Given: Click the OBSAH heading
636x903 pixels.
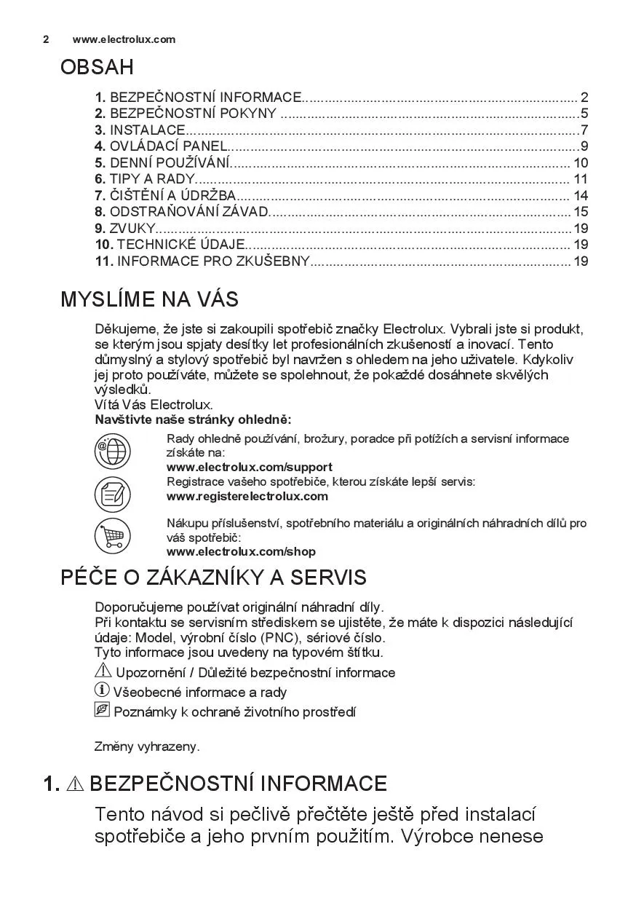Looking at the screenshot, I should coord(97,68).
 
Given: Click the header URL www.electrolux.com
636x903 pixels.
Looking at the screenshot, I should coord(124,39).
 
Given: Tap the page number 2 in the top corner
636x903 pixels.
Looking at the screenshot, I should coord(46,39).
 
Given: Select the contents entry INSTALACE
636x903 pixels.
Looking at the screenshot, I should coord(147,130).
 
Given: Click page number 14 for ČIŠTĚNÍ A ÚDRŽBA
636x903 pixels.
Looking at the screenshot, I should coord(580,196).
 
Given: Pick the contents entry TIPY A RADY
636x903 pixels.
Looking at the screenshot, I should coord(151,179).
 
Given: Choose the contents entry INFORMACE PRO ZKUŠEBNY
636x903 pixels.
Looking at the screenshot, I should coord(212,261).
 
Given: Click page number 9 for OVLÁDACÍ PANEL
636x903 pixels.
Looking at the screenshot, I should coord(584,146).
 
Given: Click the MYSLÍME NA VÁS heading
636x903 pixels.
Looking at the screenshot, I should coord(149,299).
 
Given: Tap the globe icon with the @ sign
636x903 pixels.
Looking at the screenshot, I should coord(112,451).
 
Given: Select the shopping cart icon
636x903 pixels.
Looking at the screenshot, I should coord(112,536).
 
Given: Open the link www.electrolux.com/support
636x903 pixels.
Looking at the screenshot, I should coord(249,467).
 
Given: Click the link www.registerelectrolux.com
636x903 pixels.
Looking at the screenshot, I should coord(247,497).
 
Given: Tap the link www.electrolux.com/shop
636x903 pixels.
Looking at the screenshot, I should coord(241,552).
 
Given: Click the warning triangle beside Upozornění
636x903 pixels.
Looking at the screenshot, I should coord(103,671).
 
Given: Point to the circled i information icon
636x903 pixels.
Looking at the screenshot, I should coord(103,690).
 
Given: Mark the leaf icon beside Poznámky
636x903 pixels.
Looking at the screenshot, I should coord(103,709).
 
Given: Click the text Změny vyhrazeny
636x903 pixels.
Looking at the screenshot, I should coord(147,746).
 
